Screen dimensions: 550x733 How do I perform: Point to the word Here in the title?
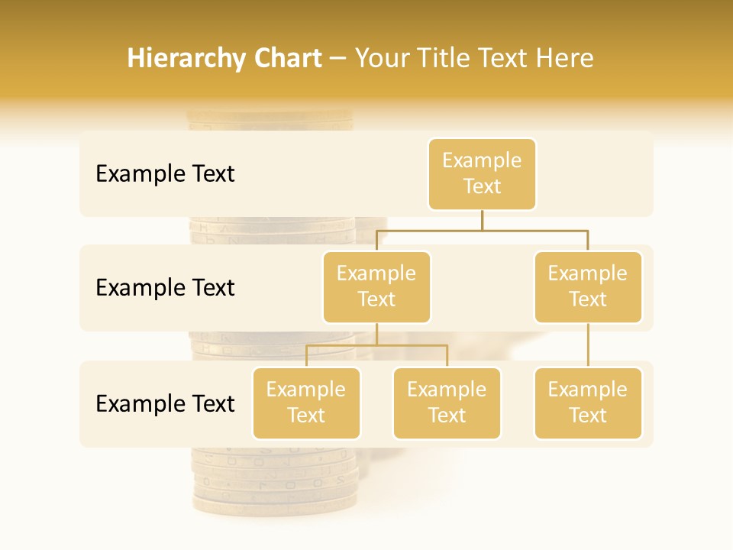click(x=563, y=58)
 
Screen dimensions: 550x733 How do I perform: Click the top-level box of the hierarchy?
click(x=482, y=174)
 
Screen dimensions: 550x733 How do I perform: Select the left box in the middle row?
click(x=376, y=287)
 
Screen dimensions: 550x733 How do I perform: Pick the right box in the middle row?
click(x=588, y=287)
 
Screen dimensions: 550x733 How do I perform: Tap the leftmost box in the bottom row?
click(x=306, y=403)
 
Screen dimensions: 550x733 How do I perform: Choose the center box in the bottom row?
click(x=447, y=403)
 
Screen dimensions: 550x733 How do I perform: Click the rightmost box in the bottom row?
click(x=588, y=403)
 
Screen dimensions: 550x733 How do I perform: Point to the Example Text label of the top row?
click(x=165, y=174)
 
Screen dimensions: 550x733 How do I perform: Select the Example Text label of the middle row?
click(x=165, y=288)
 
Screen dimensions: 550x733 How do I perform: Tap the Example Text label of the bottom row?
click(x=165, y=403)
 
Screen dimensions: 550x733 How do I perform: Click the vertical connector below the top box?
click(x=482, y=220)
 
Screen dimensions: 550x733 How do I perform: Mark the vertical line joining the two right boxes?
click(x=588, y=345)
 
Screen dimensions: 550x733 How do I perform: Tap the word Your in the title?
click(x=383, y=58)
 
